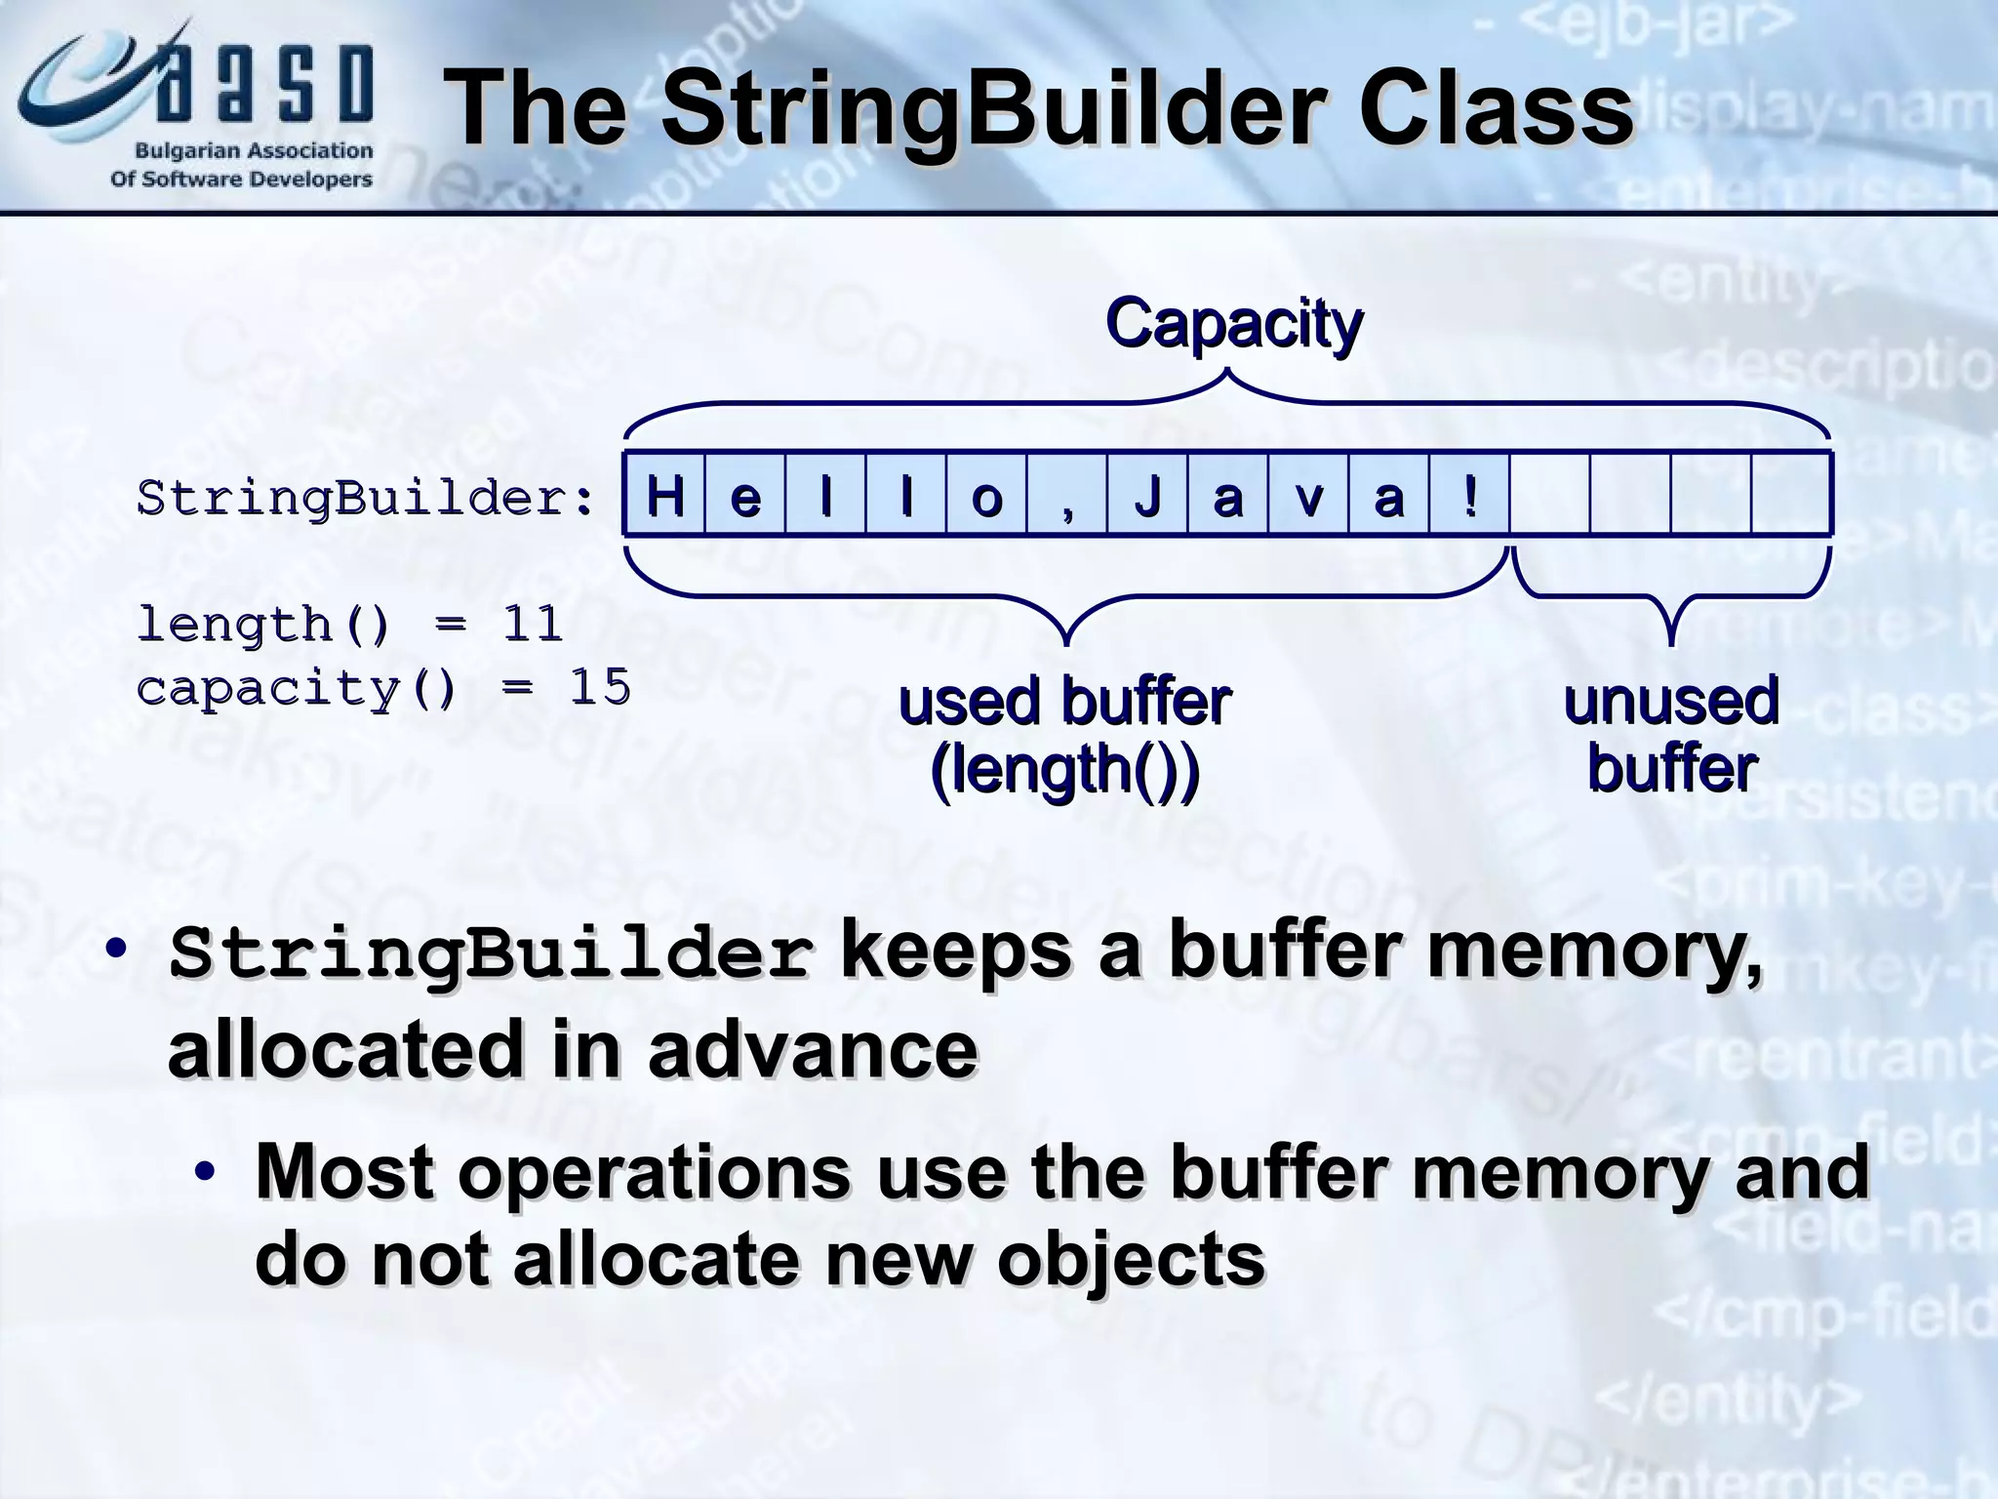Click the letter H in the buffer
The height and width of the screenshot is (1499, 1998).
coord(664,496)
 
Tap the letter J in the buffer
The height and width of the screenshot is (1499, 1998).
coord(1147,496)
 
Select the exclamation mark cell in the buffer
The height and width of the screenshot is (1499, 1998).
coord(1470,496)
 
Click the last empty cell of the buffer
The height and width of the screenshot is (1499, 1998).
coord(1790,495)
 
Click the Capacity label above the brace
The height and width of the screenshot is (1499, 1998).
coord(1233,323)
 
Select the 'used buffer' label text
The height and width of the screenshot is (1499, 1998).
coord(1064,702)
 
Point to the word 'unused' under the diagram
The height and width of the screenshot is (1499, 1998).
coord(1671,701)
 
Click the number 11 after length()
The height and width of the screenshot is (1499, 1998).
coord(533,624)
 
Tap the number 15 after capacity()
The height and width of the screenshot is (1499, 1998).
coord(600,687)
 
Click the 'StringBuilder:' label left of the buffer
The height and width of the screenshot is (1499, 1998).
coord(366,499)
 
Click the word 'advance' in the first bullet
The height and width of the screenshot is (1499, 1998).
coord(812,1049)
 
